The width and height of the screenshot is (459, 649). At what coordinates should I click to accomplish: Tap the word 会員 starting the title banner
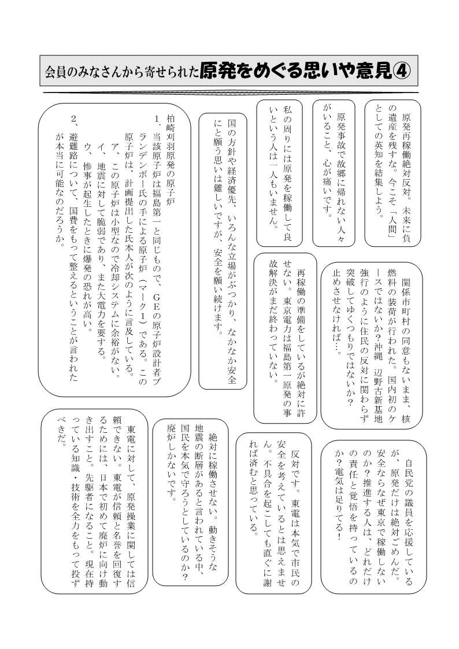[x=53, y=72]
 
